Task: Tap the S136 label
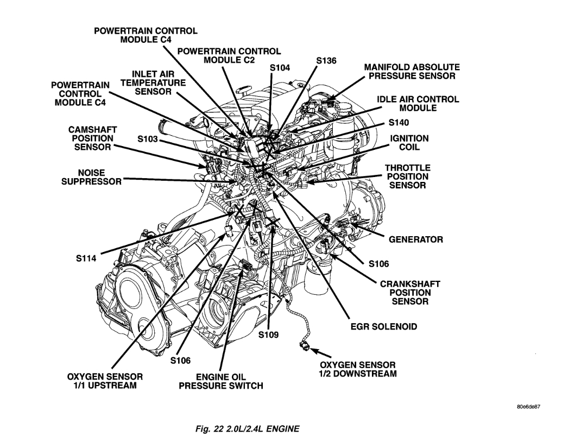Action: (x=326, y=61)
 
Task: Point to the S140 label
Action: (x=400, y=123)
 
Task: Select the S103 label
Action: (x=147, y=140)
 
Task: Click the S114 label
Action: (x=86, y=259)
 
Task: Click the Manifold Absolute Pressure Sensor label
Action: (x=412, y=72)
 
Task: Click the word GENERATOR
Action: (x=415, y=239)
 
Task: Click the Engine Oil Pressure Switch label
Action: (x=221, y=381)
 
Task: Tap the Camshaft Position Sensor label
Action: (x=91, y=138)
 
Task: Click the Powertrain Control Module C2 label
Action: (x=229, y=55)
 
